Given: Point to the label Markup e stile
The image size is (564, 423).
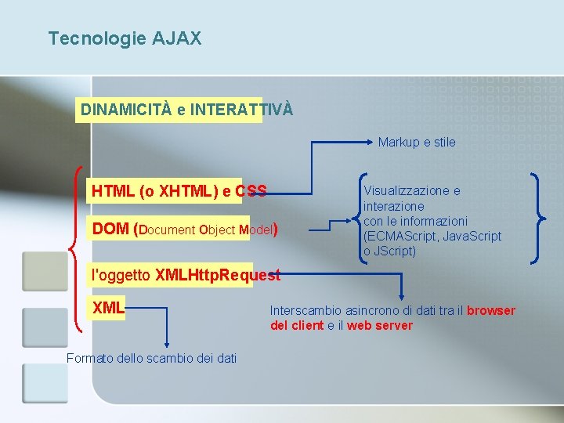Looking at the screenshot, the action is tap(416, 142).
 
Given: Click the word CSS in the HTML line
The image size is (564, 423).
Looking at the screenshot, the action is tap(251, 190).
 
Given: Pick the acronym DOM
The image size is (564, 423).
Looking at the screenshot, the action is tap(110, 229).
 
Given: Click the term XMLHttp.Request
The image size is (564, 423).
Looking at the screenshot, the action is tap(217, 275).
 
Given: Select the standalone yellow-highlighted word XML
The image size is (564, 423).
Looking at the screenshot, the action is tap(108, 308).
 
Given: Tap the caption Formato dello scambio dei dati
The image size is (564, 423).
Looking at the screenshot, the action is tap(151, 358).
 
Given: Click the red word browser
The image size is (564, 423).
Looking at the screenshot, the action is tap(491, 310).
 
